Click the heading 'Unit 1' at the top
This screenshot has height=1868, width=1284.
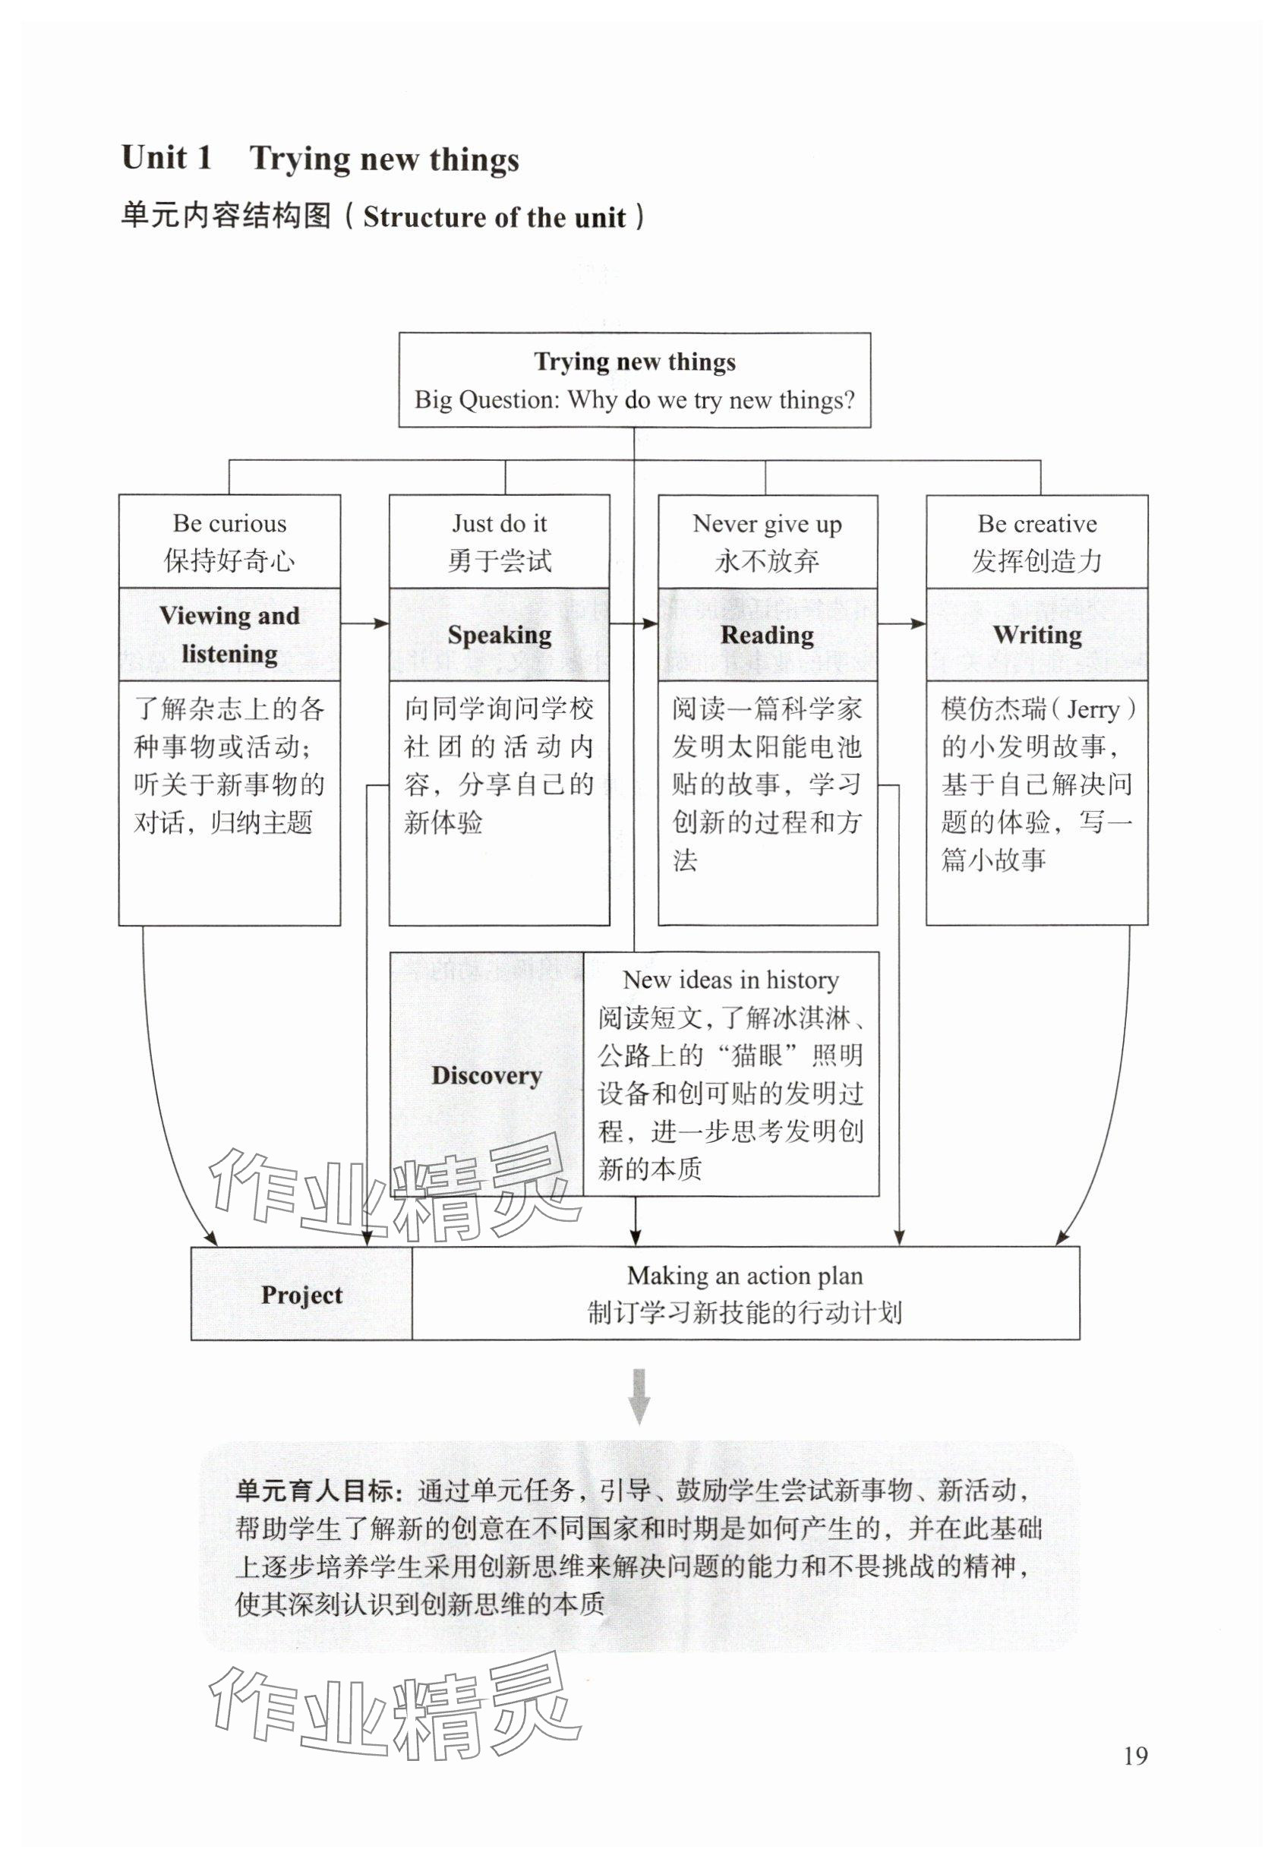click(x=166, y=158)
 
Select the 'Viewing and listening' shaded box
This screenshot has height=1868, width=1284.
click(x=229, y=635)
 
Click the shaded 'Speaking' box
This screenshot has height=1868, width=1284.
click(x=500, y=635)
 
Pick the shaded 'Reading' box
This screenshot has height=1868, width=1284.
click(x=768, y=635)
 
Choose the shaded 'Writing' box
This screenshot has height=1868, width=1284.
click(x=1037, y=635)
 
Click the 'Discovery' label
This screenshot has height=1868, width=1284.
click(x=487, y=1075)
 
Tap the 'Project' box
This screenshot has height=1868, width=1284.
click(x=301, y=1295)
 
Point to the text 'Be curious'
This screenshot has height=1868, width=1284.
click(x=229, y=524)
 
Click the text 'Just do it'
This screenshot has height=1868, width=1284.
click(x=500, y=524)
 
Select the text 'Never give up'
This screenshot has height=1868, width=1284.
click(x=768, y=525)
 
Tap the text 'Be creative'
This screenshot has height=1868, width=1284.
click(x=1037, y=524)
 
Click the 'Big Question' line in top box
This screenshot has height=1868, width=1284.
click(x=635, y=400)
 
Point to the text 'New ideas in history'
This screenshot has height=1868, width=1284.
click(x=730, y=980)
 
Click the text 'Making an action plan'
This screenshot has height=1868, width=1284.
click(x=745, y=1275)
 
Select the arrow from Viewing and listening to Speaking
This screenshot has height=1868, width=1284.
click(x=364, y=623)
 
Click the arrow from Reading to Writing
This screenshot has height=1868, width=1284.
click(x=901, y=623)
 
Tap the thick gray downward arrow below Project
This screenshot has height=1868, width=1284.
click(x=639, y=1396)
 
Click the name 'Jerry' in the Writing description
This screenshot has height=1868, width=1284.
click(x=1093, y=709)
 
